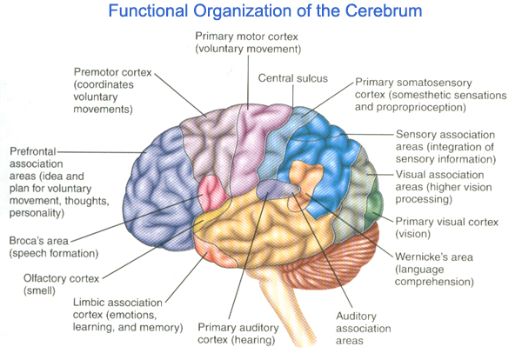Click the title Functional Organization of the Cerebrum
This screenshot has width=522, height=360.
click(x=261, y=15)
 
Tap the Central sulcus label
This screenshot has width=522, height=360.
click(x=292, y=78)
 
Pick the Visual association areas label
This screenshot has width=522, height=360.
click(x=445, y=186)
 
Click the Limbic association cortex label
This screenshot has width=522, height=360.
click(x=128, y=317)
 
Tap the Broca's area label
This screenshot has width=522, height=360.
click(x=50, y=248)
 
